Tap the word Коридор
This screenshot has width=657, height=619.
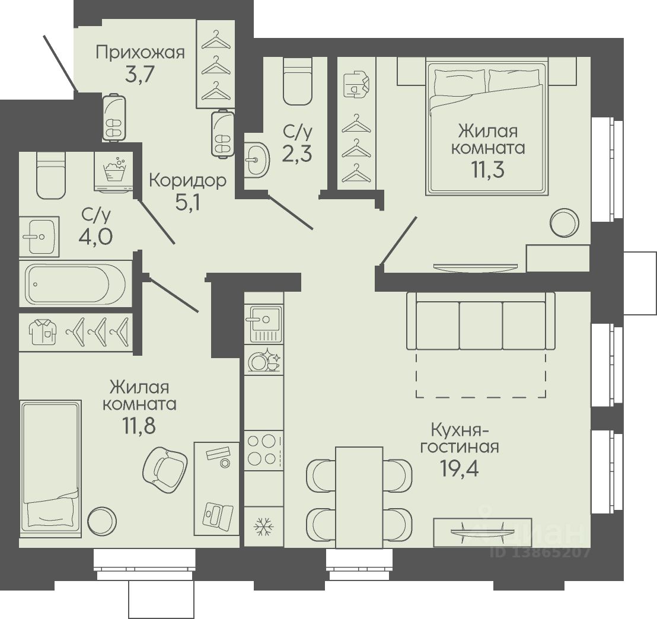(188, 181)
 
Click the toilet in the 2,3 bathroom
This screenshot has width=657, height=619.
(298, 81)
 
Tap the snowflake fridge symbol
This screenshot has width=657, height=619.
(264, 527)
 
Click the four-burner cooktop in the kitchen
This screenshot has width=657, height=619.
(263, 450)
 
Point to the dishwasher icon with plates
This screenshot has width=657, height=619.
(264, 361)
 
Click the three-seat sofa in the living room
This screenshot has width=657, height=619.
(481, 321)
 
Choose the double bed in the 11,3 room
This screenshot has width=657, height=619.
(487, 128)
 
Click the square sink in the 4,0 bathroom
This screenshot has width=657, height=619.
(39, 237)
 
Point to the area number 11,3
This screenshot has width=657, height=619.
(488, 169)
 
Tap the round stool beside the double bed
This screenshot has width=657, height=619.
(564, 223)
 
